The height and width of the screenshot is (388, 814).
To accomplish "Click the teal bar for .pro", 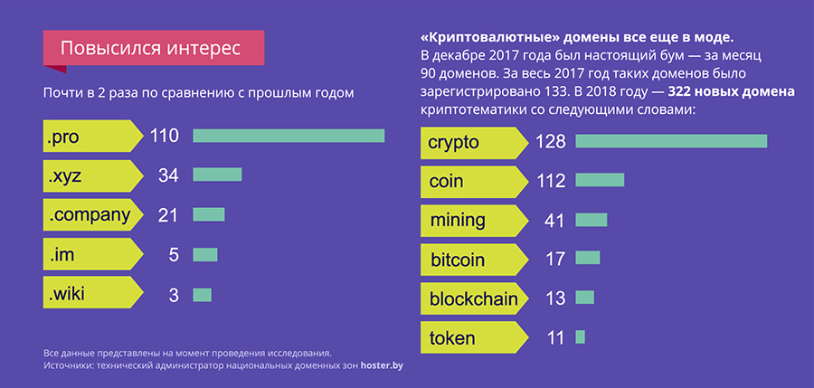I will [289, 136].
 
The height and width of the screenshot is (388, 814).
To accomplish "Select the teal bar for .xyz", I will [217, 175].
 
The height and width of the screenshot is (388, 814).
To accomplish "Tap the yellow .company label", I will [90, 215].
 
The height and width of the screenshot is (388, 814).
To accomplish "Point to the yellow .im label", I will [90, 255].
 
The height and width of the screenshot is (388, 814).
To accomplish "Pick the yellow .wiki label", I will [90, 294].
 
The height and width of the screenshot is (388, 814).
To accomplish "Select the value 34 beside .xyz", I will [168, 175].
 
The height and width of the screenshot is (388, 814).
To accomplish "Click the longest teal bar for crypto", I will [671, 141].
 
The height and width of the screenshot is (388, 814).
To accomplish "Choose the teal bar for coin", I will [600, 180].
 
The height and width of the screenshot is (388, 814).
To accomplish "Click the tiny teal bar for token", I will [580, 337].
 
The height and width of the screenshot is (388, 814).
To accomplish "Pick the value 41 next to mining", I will [554, 220].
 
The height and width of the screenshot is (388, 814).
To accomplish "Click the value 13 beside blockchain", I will [554, 298].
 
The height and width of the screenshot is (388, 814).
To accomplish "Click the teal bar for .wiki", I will [202, 294].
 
